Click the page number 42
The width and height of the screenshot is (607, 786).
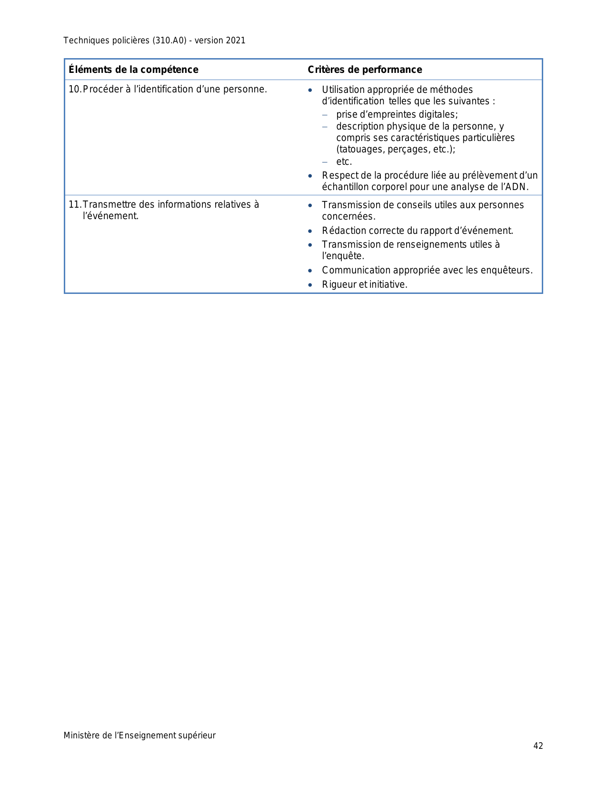[538, 746]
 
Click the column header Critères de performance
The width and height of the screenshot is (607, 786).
[365, 70]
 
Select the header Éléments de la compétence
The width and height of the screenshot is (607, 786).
[133, 70]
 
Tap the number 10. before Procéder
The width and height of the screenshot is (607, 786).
[75, 89]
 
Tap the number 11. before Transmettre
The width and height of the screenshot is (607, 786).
[75, 204]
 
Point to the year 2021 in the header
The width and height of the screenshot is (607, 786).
[236, 40]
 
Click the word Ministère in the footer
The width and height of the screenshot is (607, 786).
[82, 736]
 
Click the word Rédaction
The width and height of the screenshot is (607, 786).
[344, 231]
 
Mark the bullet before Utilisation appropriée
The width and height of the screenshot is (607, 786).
[310, 90]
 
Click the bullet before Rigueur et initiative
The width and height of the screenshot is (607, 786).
[310, 285]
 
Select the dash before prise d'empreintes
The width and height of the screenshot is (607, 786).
[325, 115]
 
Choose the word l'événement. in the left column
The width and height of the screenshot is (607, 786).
[110, 216]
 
